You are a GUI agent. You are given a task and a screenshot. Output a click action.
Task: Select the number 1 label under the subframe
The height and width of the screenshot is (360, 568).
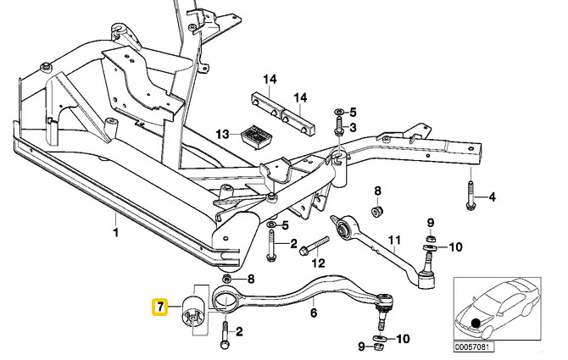tap(116, 230)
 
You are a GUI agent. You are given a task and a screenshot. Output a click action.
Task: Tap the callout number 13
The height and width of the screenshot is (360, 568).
tap(222, 135)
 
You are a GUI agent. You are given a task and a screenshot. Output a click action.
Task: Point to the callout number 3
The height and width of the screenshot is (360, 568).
tap(354, 127)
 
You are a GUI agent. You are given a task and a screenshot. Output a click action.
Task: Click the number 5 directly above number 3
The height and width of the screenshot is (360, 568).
tap(354, 111)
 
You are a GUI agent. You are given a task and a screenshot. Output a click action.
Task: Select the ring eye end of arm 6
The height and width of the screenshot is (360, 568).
tap(224, 298)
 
